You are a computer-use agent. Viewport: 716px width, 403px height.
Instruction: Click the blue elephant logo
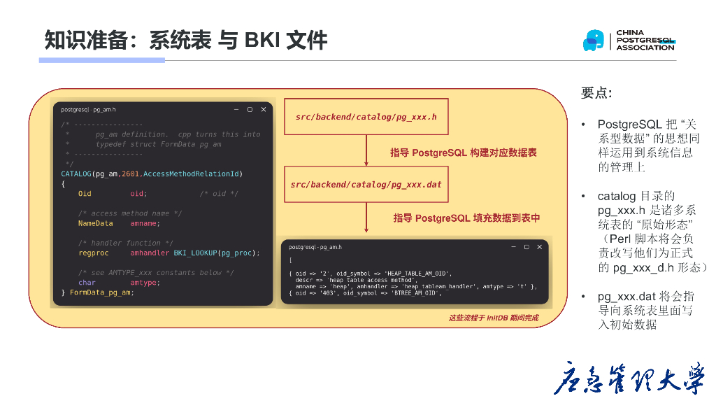click(593, 41)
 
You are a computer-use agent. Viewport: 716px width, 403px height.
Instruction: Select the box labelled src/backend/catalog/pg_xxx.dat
click(366, 185)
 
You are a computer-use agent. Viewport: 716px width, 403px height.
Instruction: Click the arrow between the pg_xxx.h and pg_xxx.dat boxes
click(366, 150)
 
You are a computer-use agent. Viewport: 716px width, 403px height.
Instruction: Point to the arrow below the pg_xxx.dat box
click(366, 218)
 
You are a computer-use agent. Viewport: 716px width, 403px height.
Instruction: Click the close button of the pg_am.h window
click(264, 110)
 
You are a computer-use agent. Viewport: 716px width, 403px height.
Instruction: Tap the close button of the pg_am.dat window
click(540, 247)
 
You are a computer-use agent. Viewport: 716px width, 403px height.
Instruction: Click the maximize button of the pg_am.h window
click(250, 110)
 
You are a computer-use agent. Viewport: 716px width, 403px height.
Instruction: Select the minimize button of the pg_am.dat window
click(512, 247)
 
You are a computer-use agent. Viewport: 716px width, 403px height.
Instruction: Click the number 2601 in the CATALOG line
click(130, 174)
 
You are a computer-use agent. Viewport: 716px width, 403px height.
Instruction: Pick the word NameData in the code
click(95, 223)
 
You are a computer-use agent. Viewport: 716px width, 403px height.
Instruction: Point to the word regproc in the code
click(93, 253)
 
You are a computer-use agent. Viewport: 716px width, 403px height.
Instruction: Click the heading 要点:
click(596, 93)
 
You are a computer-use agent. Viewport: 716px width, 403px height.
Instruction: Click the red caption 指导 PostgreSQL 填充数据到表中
click(466, 218)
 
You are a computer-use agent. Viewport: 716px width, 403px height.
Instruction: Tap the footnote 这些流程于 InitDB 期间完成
click(494, 318)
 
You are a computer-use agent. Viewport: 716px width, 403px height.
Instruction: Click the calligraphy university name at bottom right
click(629, 379)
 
